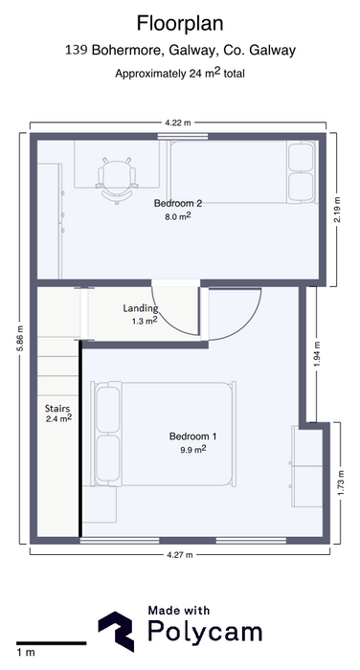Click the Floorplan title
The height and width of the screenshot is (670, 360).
[x=180, y=24]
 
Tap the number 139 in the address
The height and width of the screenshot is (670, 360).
[x=77, y=51]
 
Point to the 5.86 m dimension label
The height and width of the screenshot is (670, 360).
[x=20, y=339]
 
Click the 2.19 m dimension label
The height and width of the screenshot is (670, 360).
[x=337, y=210]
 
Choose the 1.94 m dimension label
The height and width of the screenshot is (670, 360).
[x=317, y=354]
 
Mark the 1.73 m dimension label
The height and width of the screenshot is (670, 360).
[x=341, y=482]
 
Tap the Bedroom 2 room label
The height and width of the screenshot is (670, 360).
[x=178, y=203]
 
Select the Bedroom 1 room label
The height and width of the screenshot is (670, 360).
[x=192, y=436]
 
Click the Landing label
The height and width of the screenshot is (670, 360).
[x=141, y=308]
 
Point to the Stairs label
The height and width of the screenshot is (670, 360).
[x=57, y=409]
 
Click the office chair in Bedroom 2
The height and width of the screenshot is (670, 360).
[x=117, y=180]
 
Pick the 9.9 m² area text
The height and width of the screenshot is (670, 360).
[x=193, y=449]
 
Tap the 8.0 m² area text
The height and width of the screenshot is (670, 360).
[x=178, y=216]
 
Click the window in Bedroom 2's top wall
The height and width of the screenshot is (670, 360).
[x=183, y=137]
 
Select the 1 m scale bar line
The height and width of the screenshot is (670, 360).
[x=52, y=642]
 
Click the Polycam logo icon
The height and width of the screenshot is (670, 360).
[x=116, y=631]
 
